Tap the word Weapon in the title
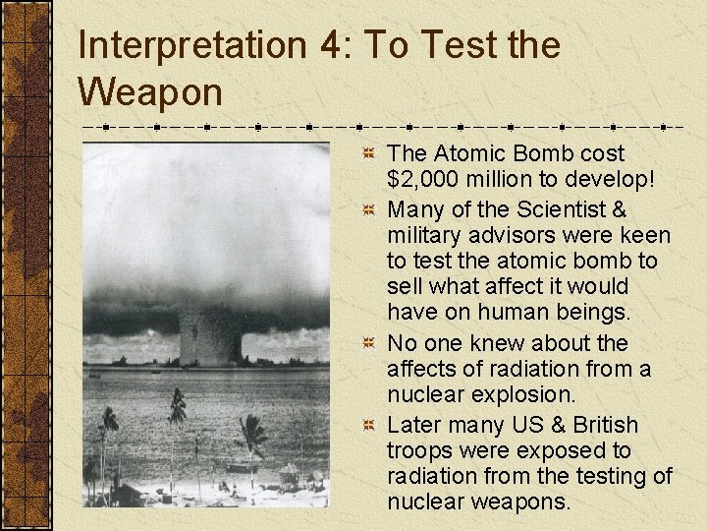click(150, 92)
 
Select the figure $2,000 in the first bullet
click(424, 179)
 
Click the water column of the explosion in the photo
click(212, 334)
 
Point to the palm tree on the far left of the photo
click(106, 423)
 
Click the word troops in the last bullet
click(420, 450)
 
